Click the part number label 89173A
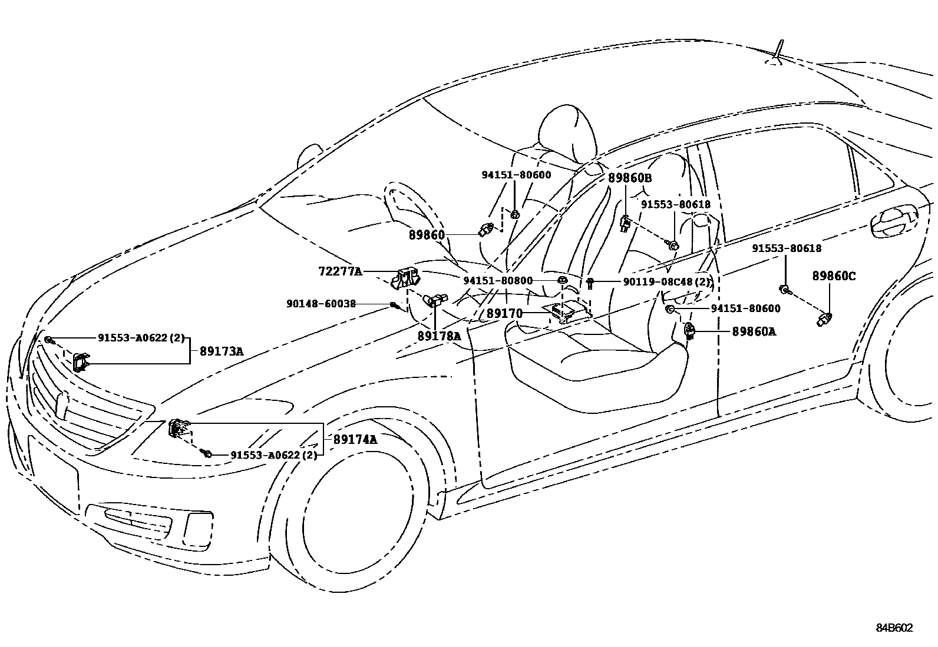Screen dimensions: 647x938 [x=221, y=351]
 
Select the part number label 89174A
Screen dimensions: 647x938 [x=355, y=439]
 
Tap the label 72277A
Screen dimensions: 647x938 [x=340, y=271]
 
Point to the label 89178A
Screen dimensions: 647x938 [x=439, y=336]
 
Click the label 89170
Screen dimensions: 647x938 [x=504, y=314]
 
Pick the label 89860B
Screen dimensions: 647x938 [x=630, y=177]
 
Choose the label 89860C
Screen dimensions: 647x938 [x=834, y=276]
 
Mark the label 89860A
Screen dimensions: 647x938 [x=754, y=332]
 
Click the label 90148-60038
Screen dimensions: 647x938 [x=321, y=304]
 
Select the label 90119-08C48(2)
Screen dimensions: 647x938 [x=667, y=282]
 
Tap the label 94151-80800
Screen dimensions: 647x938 [x=497, y=281]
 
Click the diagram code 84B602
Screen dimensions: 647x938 [x=893, y=628]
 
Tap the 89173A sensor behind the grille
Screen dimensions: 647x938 [x=81, y=361]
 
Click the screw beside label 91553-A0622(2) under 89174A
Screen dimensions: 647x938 [x=207, y=453]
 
